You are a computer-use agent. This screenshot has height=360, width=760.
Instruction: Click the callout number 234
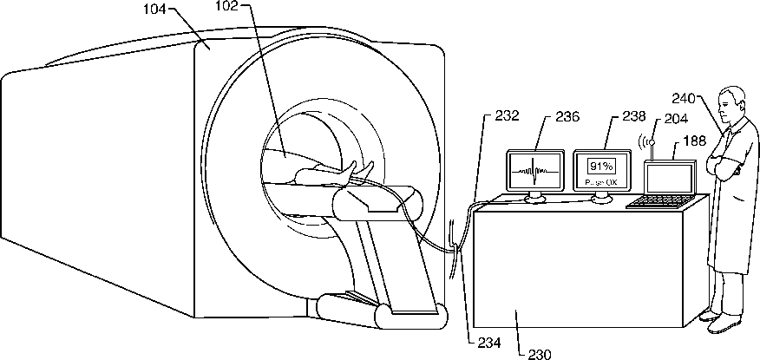point(489,342)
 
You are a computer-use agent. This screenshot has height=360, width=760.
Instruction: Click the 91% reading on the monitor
point(601,165)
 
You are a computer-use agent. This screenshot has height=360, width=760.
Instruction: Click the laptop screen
point(668,179)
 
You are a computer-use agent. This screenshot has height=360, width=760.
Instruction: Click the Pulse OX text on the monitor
point(601,183)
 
